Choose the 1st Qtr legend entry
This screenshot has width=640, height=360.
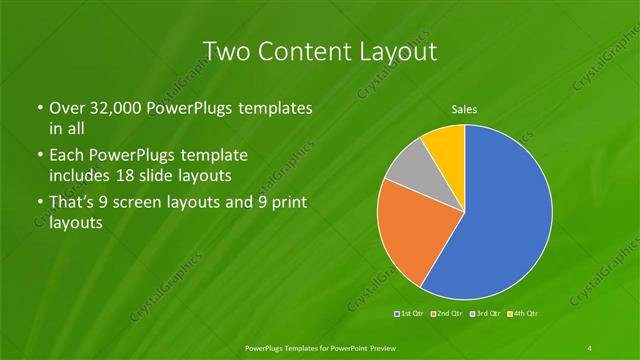[410, 314]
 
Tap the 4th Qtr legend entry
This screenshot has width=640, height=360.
[523, 314]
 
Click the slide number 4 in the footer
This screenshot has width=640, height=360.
[590, 347]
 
